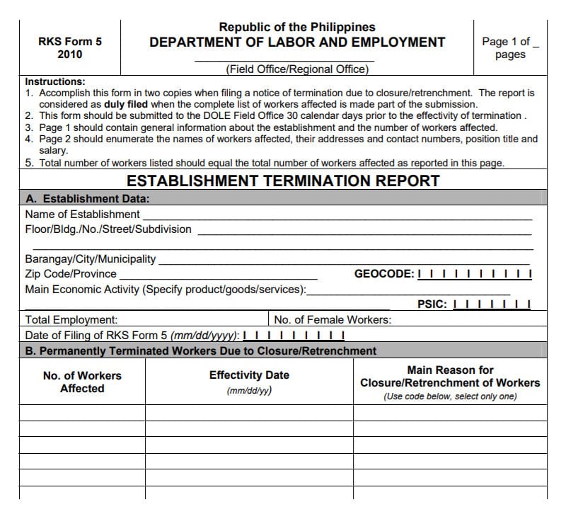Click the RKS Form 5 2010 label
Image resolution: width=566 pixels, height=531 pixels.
[69, 47]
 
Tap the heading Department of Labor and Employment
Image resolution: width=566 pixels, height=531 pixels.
[297, 42]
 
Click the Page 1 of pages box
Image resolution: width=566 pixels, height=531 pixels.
[510, 47]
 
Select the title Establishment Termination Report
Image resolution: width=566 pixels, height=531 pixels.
[283, 180]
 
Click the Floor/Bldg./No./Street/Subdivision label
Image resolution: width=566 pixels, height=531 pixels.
[108, 229]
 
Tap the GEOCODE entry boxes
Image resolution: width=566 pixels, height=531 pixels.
[475, 274]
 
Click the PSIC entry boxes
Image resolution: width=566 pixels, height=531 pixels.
[491, 304]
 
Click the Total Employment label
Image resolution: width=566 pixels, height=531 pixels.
[71, 320]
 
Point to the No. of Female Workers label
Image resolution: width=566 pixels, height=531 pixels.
[333, 320]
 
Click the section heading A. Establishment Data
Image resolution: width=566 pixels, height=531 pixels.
[87, 199]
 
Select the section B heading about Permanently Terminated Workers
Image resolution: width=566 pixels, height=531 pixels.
[201, 350]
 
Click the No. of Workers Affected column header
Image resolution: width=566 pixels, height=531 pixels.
[82, 382]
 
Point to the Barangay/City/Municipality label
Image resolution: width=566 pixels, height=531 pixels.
[91, 259]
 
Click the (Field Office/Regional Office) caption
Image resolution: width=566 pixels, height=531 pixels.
[297, 69]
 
